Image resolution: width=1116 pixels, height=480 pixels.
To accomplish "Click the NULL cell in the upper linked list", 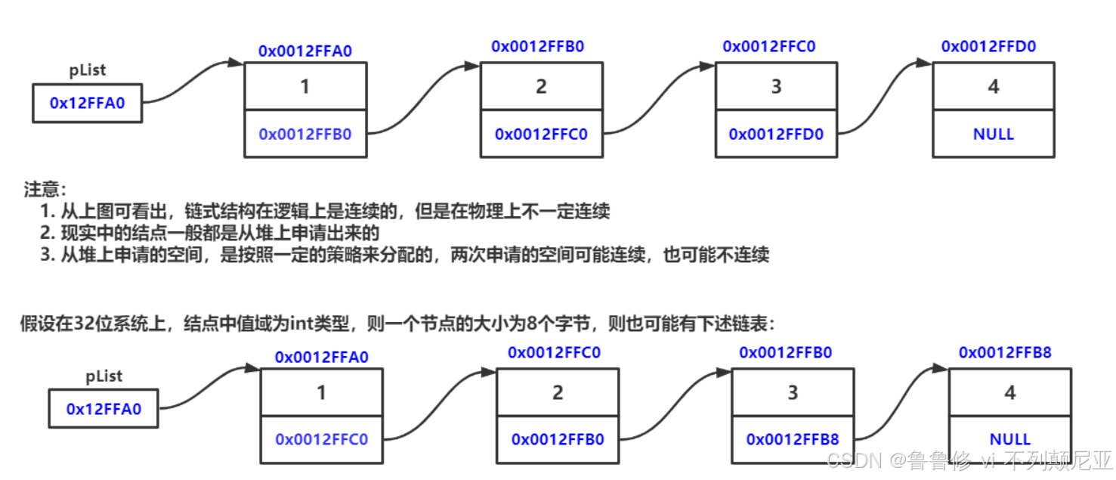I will pyautogui.click(x=993, y=134).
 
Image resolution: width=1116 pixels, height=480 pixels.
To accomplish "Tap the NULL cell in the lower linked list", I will pyautogui.click(x=1009, y=439).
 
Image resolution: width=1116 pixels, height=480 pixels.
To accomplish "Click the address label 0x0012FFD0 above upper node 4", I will pyautogui.click(x=988, y=47).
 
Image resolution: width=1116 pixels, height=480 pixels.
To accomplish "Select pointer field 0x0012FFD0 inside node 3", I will pyautogui.click(x=776, y=134).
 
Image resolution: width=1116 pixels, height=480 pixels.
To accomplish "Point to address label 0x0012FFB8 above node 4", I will pyautogui.click(x=1005, y=352).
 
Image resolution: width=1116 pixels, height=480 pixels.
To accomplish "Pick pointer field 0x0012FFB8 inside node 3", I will pyautogui.click(x=793, y=439).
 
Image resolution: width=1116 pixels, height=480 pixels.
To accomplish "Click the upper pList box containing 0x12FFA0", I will pyautogui.click(x=86, y=104).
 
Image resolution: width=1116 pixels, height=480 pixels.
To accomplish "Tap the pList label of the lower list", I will pyautogui.click(x=104, y=376).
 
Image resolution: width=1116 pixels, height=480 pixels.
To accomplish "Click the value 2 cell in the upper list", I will pyautogui.click(x=541, y=86).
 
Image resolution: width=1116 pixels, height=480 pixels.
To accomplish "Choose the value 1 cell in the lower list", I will pyautogui.click(x=321, y=392).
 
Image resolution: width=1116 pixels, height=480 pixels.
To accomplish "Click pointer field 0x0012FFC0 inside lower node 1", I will pyautogui.click(x=321, y=439).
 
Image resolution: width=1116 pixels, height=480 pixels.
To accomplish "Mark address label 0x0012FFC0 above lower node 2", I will pyautogui.click(x=554, y=352).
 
